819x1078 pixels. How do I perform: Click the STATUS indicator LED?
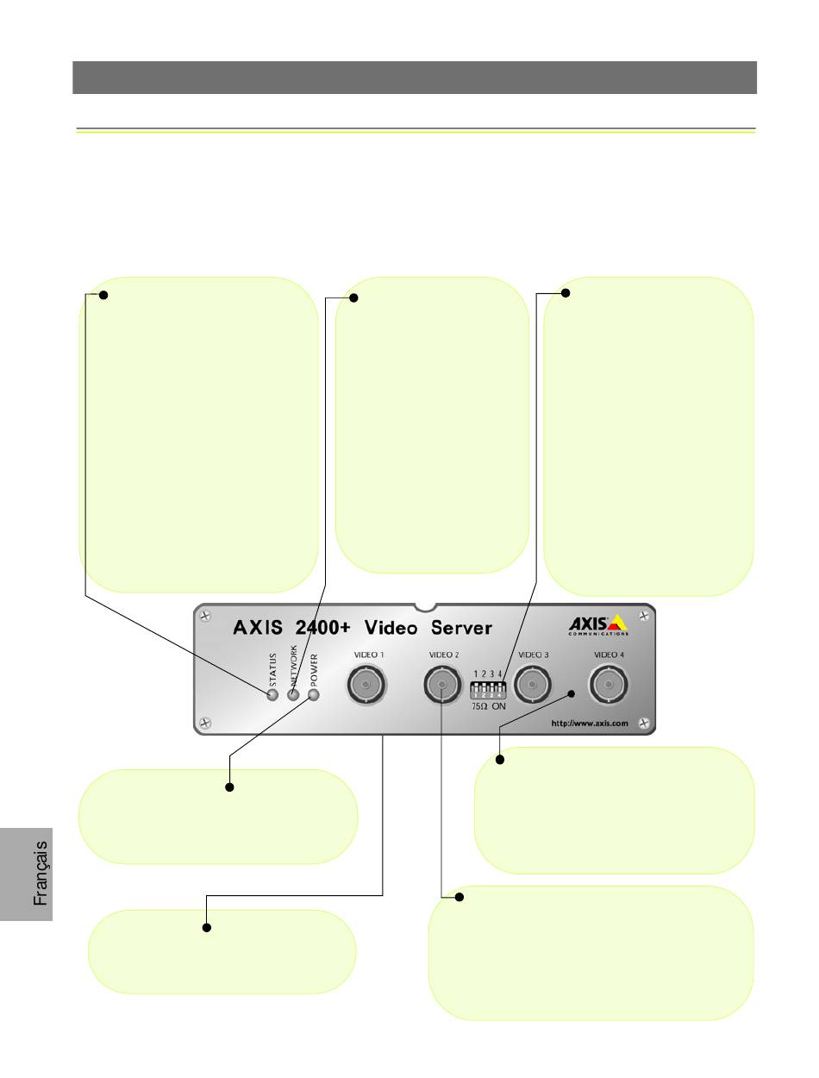pyautogui.click(x=272, y=694)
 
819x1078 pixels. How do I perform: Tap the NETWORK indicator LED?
pyautogui.click(x=293, y=694)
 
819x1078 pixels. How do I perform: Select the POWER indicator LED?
pyautogui.click(x=314, y=694)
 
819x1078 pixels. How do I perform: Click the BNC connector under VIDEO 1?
pyautogui.click(x=366, y=684)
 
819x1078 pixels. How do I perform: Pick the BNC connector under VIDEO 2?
pyautogui.click(x=442, y=684)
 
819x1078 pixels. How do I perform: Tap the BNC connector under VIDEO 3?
pyautogui.click(x=532, y=684)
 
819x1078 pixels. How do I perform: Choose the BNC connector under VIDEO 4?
pyautogui.click(x=608, y=684)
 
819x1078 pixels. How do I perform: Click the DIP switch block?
pyautogui.click(x=488, y=689)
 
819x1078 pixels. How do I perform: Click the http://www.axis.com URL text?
pyautogui.click(x=590, y=723)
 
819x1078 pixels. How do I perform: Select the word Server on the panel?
pyautogui.click(x=461, y=628)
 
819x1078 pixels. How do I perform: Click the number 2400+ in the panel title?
pyautogui.click(x=323, y=628)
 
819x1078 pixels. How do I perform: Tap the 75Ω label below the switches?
pyautogui.click(x=479, y=706)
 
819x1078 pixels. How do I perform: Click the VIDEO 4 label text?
pyautogui.click(x=609, y=655)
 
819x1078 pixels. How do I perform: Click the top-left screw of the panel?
pyautogui.click(x=205, y=616)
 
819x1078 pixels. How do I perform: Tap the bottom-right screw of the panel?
pyautogui.click(x=644, y=723)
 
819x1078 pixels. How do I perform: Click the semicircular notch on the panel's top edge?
pyautogui.click(x=425, y=607)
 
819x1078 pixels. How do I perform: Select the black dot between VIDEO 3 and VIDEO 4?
pyautogui.click(x=571, y=694)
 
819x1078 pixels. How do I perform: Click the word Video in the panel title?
pyautogui.click(x=391, y=628)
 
